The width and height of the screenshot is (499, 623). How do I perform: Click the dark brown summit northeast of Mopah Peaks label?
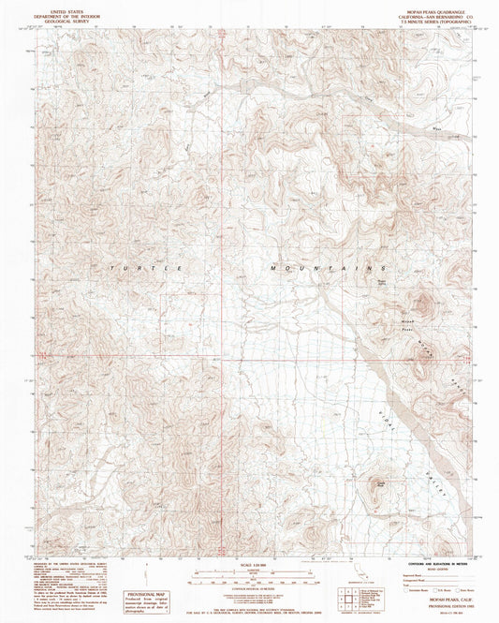[x=422, y=303]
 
